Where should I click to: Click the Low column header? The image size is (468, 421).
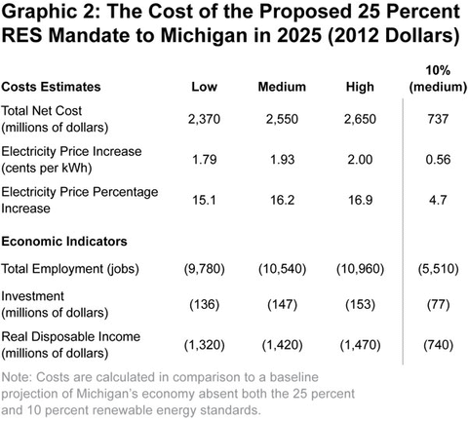pos(204,88)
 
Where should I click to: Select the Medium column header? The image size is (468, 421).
pos(282,88)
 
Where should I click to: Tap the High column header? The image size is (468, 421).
pos(360,88)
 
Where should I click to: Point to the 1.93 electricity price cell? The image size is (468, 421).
pos(282,159)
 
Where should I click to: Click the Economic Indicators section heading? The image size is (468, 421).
pos(65,240)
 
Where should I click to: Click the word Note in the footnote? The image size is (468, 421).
pos(19,376)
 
